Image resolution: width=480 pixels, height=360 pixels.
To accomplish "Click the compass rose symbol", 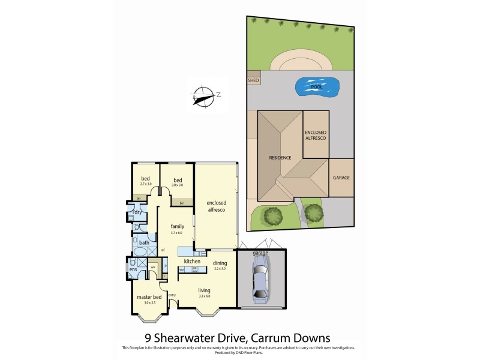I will pos(204,94).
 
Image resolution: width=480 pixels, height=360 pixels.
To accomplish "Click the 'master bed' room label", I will pos(149,296).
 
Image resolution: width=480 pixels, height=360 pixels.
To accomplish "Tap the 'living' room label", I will pos(205,290).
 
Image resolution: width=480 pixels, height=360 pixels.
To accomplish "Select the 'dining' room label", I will pos(220,263).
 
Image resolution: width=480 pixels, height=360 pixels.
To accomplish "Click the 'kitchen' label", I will pos(191,262).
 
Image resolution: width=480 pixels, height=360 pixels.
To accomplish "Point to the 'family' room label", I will pos(176,226).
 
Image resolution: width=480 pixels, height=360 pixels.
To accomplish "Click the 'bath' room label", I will pos(144,242).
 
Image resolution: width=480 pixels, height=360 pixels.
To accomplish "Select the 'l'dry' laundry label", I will pos(137,212).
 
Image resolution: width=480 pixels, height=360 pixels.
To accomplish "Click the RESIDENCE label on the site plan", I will pos(280,158).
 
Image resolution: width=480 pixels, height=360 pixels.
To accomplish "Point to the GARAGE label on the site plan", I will pos(341,178).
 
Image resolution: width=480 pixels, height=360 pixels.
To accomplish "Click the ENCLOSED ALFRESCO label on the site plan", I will pos(315,135).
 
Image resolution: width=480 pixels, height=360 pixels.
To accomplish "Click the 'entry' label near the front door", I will pos(172,295).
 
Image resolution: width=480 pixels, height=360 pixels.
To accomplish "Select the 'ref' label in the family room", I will pos(163,250).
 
